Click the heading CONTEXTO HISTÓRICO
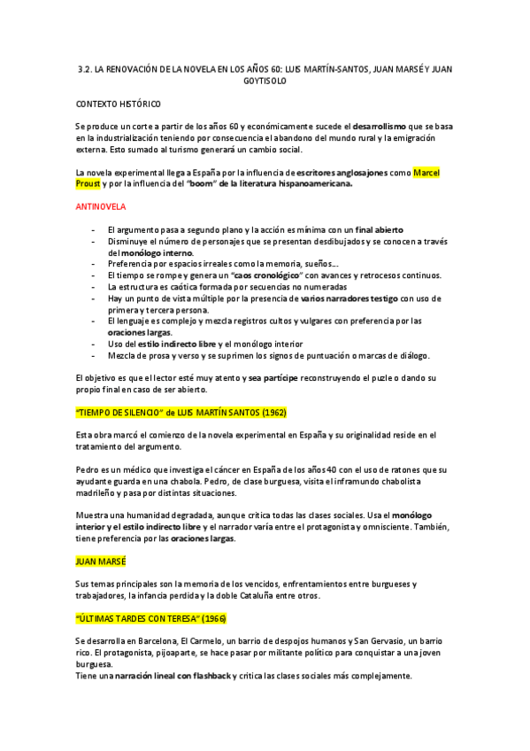(x=119, y=104)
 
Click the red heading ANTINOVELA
(x=100, y=206)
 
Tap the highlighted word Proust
(x=88, y=183)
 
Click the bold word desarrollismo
(x=390, y=127)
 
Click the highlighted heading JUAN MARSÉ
(x=101, y=561)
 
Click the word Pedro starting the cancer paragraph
(x=88, y=469)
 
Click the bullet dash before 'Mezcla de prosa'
(x=94, y=355)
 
